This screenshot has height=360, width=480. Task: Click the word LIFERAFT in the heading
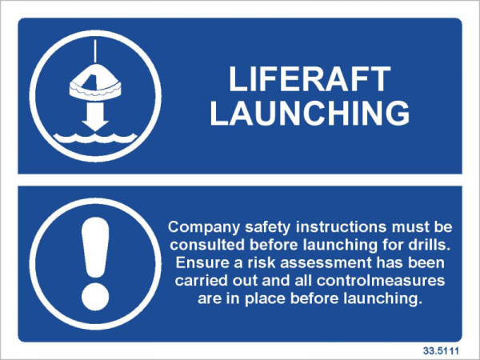coord(310,78)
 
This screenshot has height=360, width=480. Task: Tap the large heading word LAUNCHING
coord(310,113)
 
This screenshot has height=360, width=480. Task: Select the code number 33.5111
coord(441,350)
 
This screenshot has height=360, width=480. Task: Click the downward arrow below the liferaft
coord(95,117)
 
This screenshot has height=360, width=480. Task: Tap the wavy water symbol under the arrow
coord(95,138)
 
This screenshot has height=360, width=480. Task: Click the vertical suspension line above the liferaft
coord(95,51)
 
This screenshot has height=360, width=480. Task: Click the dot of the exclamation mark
coord(95,296)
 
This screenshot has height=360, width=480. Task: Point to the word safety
coord(267,228)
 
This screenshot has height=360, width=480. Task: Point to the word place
coord(265,299)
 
